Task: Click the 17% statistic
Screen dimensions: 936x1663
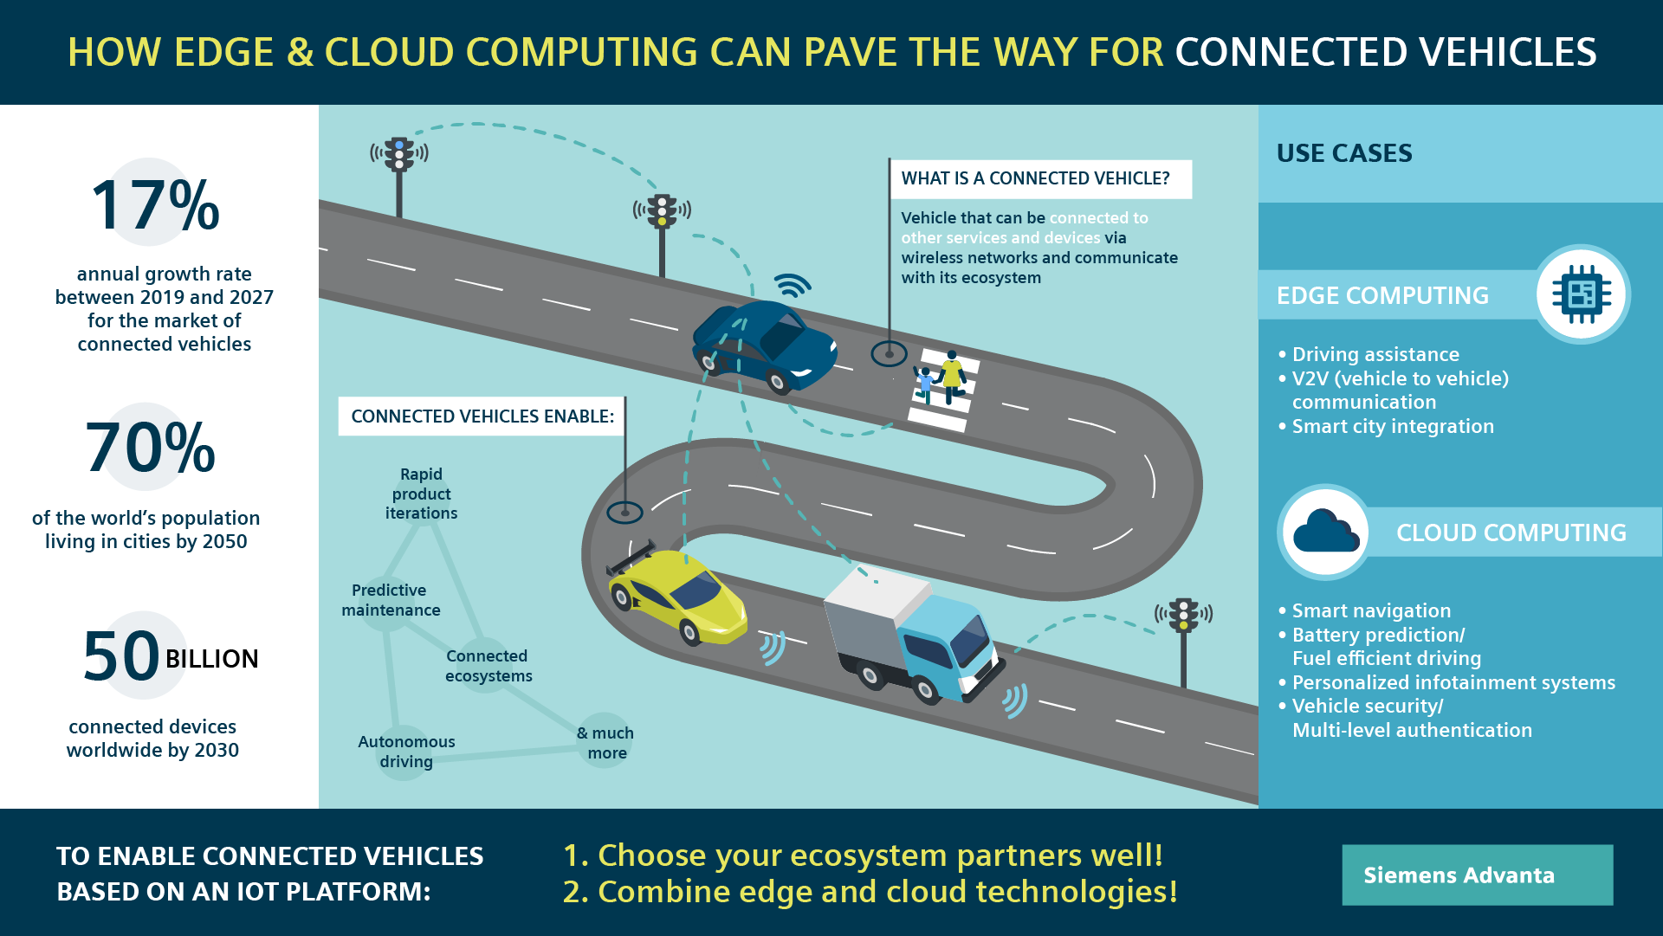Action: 156,205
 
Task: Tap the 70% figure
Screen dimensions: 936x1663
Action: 151,448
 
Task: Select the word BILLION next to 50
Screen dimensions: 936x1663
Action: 211,659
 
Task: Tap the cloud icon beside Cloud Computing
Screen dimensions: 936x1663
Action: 1324,532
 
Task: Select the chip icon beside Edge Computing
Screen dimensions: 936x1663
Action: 1582,294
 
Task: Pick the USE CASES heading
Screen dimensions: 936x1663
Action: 1344,153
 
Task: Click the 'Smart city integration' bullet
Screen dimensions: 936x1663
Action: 1392,426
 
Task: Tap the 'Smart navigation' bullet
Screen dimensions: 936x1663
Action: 1370,610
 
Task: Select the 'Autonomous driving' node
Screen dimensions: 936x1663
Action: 406,752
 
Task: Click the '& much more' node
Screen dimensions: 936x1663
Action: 605,742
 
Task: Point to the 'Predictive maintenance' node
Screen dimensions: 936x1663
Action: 391,600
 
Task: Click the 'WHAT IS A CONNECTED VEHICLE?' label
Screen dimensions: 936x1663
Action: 1035,178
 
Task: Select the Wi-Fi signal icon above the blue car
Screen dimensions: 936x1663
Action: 792,285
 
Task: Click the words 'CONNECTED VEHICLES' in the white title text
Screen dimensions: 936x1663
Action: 1385,52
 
